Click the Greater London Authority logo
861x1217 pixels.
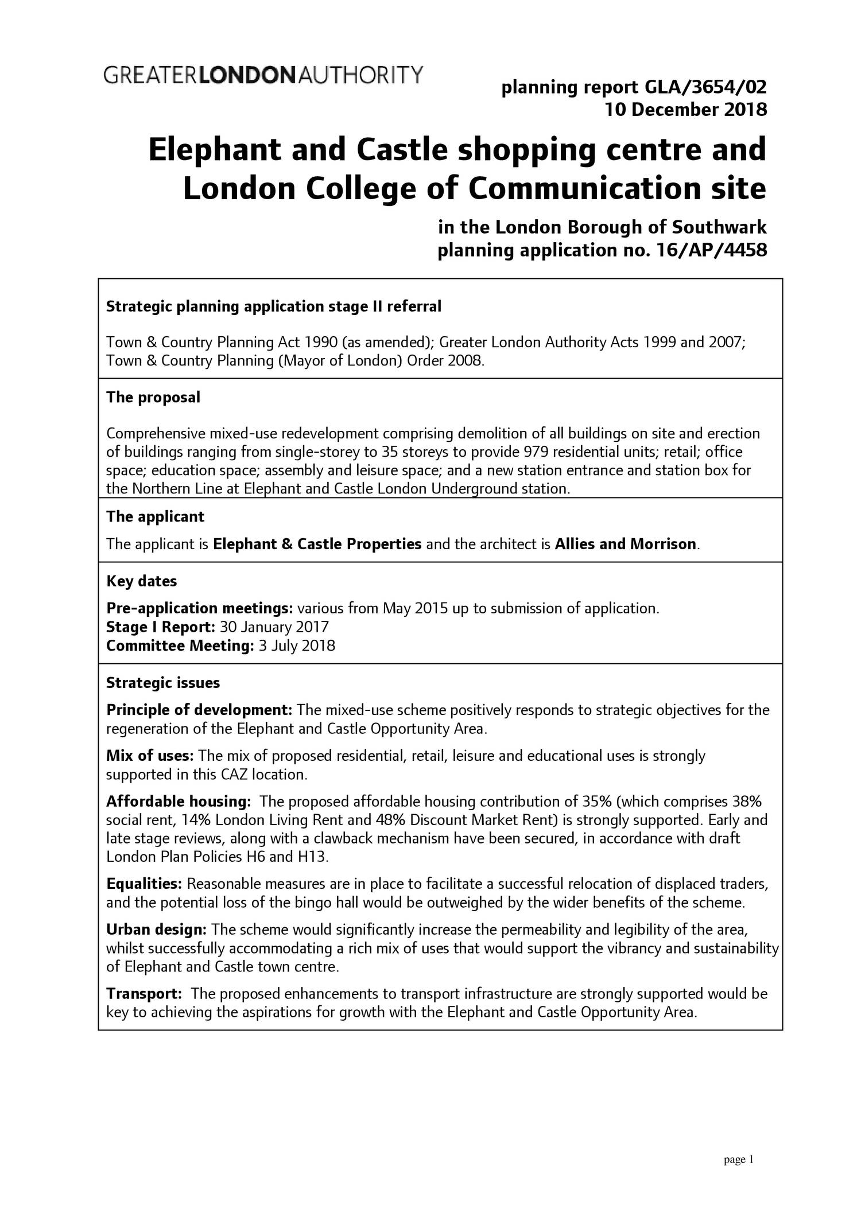(263, 75)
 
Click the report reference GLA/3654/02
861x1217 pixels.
(705, 88)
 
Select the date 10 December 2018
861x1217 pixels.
(686, 109)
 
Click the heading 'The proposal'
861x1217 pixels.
(153, 397)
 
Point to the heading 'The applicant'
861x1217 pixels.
(155, 516)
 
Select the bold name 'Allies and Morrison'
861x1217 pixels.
(626, 544)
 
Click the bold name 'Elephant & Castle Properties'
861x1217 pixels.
(317, 544)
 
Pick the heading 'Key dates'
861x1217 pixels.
(142, 581)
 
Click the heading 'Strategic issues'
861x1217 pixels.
(163, 683)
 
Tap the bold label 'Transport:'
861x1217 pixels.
(144, 993)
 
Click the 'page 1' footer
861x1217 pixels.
(738, 1160)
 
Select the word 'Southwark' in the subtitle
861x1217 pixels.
(719, 228)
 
